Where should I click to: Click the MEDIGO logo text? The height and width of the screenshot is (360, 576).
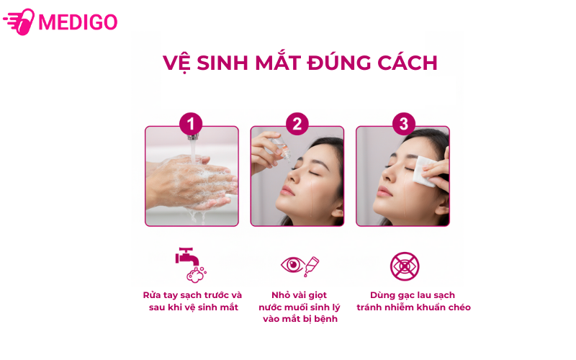(78, 22)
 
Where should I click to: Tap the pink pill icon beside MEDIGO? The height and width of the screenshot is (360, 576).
(24, 22)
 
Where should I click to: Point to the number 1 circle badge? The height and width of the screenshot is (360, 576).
(191, 124)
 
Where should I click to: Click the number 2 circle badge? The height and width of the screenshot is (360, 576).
(297, 124)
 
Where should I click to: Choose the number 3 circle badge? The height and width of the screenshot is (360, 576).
(403, 124)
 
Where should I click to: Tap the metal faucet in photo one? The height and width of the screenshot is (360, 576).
(192, 137)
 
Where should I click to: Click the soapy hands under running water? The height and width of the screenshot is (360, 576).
(192, 183)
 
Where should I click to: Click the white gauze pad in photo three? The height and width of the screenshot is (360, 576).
(424, 171)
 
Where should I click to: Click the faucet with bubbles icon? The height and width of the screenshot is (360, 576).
(191, 265)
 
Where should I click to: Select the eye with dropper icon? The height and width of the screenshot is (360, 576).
(300, 266)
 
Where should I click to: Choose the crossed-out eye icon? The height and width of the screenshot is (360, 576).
(405, 266)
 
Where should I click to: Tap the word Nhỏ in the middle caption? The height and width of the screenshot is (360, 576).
(281, 295)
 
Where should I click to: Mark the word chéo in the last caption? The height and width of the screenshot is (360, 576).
(459, 307)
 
